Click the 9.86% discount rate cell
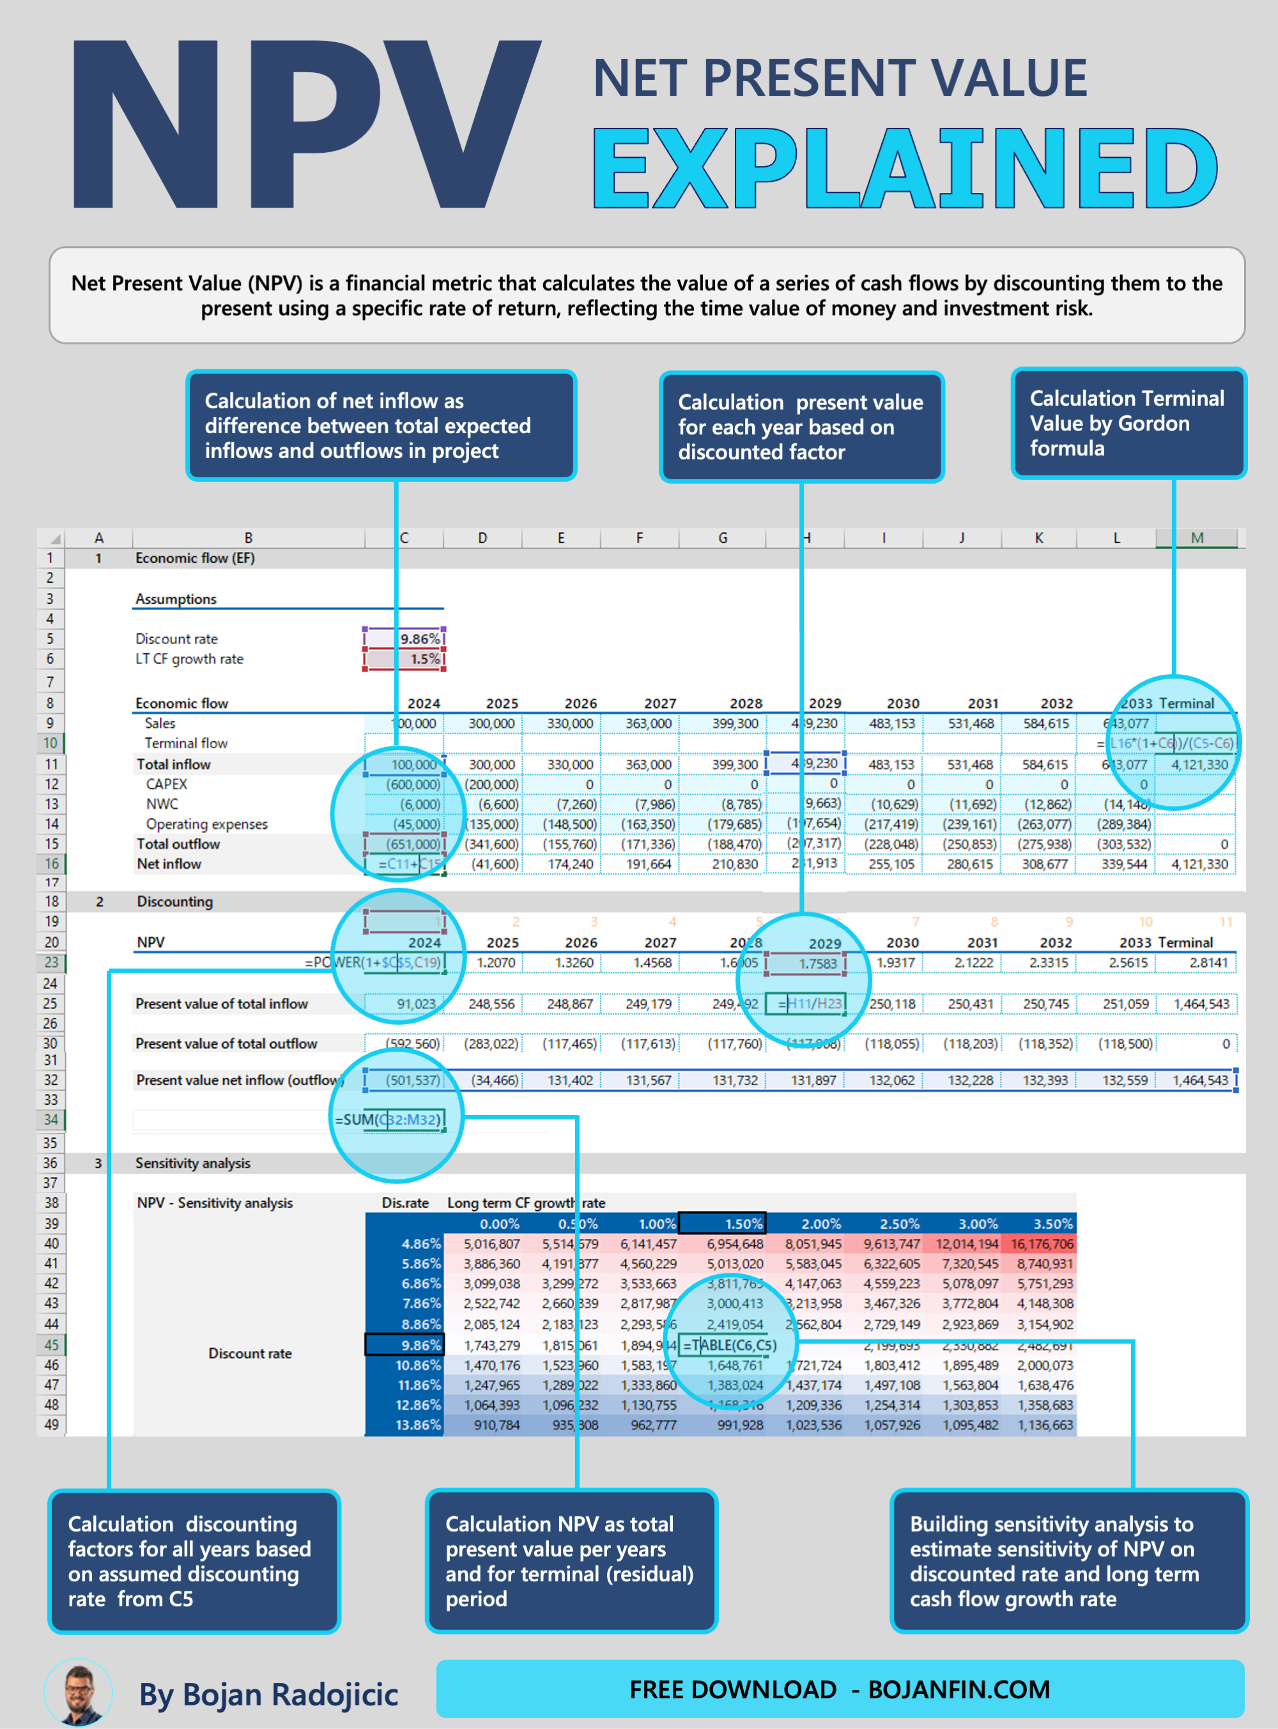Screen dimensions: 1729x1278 404,638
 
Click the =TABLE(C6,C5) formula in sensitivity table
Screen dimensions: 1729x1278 730,1345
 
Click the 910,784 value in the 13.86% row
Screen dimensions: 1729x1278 496,1425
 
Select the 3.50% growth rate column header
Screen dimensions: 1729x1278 1052,1224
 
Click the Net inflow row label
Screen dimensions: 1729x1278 169,864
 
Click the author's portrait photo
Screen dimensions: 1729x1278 78,1693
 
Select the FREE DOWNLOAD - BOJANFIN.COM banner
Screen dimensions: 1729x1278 840,1689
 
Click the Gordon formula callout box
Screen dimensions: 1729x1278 1128,423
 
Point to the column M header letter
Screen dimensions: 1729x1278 1197,537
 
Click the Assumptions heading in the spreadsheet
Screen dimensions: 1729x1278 176,599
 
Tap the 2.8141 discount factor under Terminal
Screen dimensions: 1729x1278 1208,962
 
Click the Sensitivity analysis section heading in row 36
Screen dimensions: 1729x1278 192,1164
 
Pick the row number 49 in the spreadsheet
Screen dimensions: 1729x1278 50,1425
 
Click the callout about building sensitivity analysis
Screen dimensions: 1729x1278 1068,1561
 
